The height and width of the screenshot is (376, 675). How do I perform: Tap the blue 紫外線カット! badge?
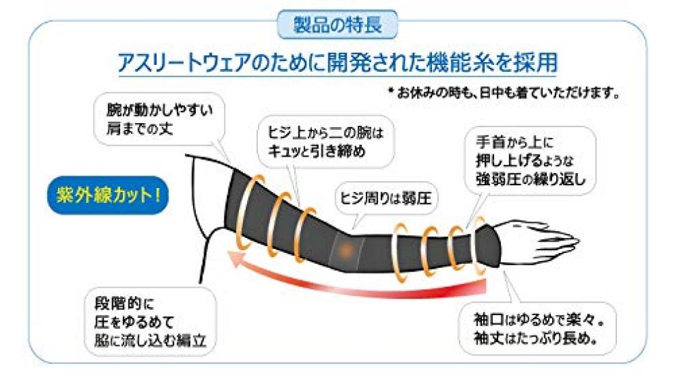(x=104, y=193)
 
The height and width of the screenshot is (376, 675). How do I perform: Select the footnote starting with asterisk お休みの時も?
(x=502, y=94)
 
